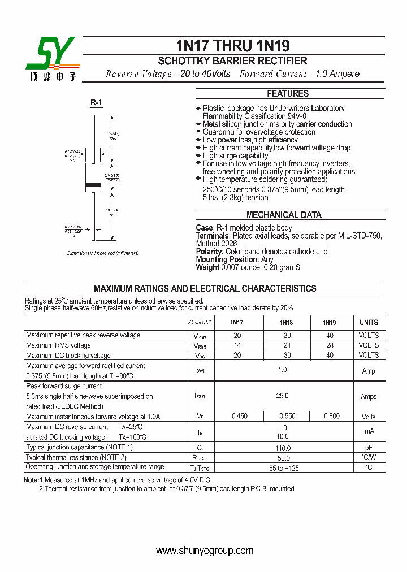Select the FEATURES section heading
[x=288, y=94]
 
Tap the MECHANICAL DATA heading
[x=284, y=215]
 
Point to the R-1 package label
[x=96, y=103]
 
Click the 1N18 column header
[x=286, y=323]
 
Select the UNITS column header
[x=369, y=323]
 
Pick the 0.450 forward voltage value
[x=239, y=417]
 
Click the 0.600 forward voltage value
[x=332, y=417]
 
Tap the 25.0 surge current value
[x=282, y=396]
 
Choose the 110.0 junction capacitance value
[x=282, y=447]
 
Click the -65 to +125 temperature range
[x=282, y=467]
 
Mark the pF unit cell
[x=369, y=447]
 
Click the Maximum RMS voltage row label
[x=58, y=345]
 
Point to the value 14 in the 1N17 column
[x=237, y=345]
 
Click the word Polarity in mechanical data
[x=210, y=252]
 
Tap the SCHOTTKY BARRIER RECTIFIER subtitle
[x=232, y=61]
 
